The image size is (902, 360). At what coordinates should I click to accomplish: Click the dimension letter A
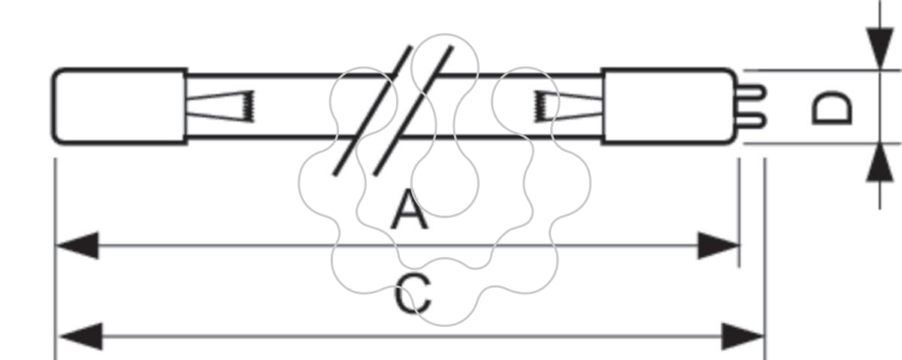click(x=409, y=210)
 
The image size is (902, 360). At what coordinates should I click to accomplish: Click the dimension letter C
click(x=413, y=294)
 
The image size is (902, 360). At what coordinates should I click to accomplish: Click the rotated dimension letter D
click(x=832, y=108)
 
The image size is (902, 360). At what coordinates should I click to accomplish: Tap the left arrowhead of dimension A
click(x=77, y=245)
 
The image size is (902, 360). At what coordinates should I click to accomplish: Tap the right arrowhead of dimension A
click(x=719, y=245)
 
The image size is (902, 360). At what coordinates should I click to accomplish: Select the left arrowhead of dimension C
click(x=80, y=336)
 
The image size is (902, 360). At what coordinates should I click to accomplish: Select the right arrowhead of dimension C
click(x=743, y=336)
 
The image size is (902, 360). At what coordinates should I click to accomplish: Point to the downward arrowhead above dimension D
click(x=880, y=48)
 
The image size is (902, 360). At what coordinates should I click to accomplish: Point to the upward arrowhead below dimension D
click(x=880, y=162)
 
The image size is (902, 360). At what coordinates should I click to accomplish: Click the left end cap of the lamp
click(x=120, y=107)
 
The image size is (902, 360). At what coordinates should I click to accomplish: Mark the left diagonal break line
click(x=373, y=110)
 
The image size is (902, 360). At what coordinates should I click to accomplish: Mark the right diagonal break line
click(x=413, y=110)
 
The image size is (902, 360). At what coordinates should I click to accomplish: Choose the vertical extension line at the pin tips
click(x=765, y=259)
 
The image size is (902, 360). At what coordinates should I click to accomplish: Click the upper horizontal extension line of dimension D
click(x=822, y=70)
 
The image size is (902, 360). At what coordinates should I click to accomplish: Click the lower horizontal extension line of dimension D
click(x=822, y=143)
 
